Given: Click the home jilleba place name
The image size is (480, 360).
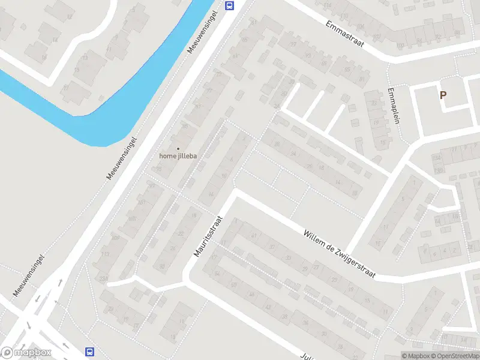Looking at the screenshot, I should pos(178,156).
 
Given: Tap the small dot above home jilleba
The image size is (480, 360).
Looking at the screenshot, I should pos(178,148).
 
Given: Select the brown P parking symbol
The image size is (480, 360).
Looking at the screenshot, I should pos(443,95).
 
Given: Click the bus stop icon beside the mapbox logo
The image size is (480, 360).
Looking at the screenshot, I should pos(90,352).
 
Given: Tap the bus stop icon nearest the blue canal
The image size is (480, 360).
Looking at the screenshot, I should pos(229,5).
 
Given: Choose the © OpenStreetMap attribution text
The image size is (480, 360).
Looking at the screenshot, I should pos(455,356).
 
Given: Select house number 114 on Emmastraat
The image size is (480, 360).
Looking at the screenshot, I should pos(327,5).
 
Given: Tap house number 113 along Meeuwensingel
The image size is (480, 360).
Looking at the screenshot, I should pos(106,254).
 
